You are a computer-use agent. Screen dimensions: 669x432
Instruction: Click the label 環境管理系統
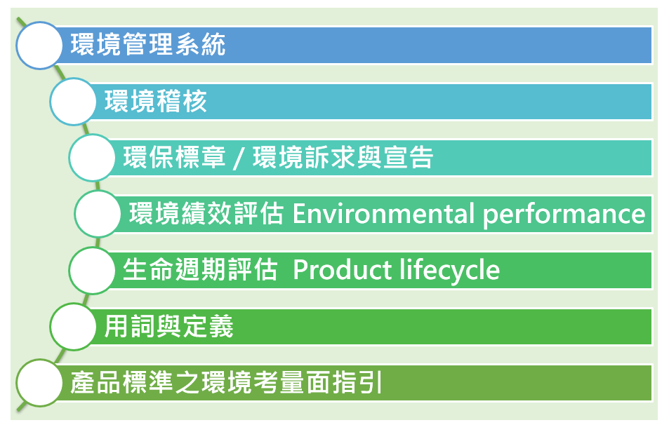pos(148,44)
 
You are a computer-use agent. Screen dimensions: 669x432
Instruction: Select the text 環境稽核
pos(156,101)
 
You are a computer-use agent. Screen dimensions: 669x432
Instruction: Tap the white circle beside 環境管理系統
pos(39,45)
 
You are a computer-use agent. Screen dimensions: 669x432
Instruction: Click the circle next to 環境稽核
pos(73,102)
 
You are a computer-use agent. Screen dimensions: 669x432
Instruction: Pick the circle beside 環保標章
pos(92,158)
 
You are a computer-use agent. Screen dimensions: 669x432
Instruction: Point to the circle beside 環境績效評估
pos(98,214)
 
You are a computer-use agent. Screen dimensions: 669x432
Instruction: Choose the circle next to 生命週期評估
pos(92,271)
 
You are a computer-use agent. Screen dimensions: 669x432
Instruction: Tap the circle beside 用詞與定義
pos(73,327)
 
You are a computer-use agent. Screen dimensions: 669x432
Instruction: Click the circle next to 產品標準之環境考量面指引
pos(39,383)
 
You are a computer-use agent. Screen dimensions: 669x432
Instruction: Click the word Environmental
pos(383,213)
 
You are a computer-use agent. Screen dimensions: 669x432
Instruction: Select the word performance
pos(564,215)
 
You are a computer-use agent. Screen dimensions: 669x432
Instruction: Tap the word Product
pos(343,270)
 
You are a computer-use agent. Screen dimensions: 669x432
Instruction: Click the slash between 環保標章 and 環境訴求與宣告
pos(239,158)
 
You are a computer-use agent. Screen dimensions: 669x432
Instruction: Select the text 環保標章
pos(175,157)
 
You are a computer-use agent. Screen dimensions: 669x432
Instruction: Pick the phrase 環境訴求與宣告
pos(343,157)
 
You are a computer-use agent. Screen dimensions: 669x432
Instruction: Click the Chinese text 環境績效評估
pos(206,213)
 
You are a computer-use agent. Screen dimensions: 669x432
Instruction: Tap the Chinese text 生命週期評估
pos(201,270)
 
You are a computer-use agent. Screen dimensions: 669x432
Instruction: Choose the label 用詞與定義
pos(169,326)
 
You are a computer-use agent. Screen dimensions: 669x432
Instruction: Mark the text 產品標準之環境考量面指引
pos(226,382)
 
